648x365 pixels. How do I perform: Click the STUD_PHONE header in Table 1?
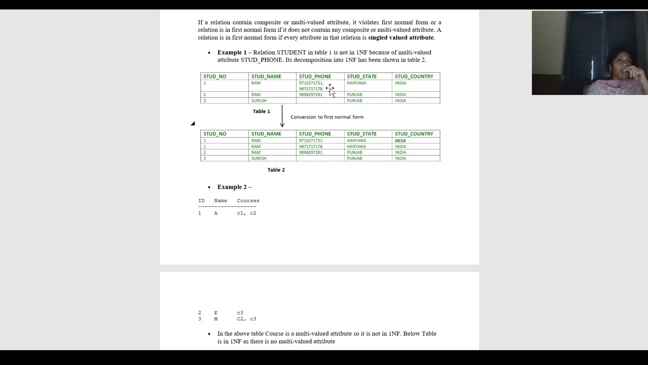tap(314, 77)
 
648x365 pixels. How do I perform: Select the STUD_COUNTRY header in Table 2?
tap(414, 134)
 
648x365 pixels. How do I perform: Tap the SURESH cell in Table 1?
tap(258, 100)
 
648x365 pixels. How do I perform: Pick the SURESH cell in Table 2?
tap(258, 158)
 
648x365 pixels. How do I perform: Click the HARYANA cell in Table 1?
tap(356, 83)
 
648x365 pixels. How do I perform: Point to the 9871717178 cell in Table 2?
tap(310, 147)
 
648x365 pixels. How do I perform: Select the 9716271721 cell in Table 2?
tap(310, 140)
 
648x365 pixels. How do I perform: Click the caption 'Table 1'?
tap(261, 112)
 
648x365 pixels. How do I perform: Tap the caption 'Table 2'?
tap(276, 170)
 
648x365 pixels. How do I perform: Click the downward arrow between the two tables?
tap(282, 117)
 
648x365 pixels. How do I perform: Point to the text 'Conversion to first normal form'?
tap(327, 117)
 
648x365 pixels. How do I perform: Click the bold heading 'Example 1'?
tap(232, 52)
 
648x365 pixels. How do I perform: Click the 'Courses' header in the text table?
tap(248, 201)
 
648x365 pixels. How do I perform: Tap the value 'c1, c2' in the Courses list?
tap(246, 213)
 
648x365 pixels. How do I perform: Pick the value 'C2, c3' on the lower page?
tap(246, 319)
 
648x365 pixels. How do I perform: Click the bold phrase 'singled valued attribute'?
tap(400, 38)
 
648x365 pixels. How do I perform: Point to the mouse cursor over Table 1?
tap(331, 90)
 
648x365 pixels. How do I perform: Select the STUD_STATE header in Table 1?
tap(361, 77)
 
